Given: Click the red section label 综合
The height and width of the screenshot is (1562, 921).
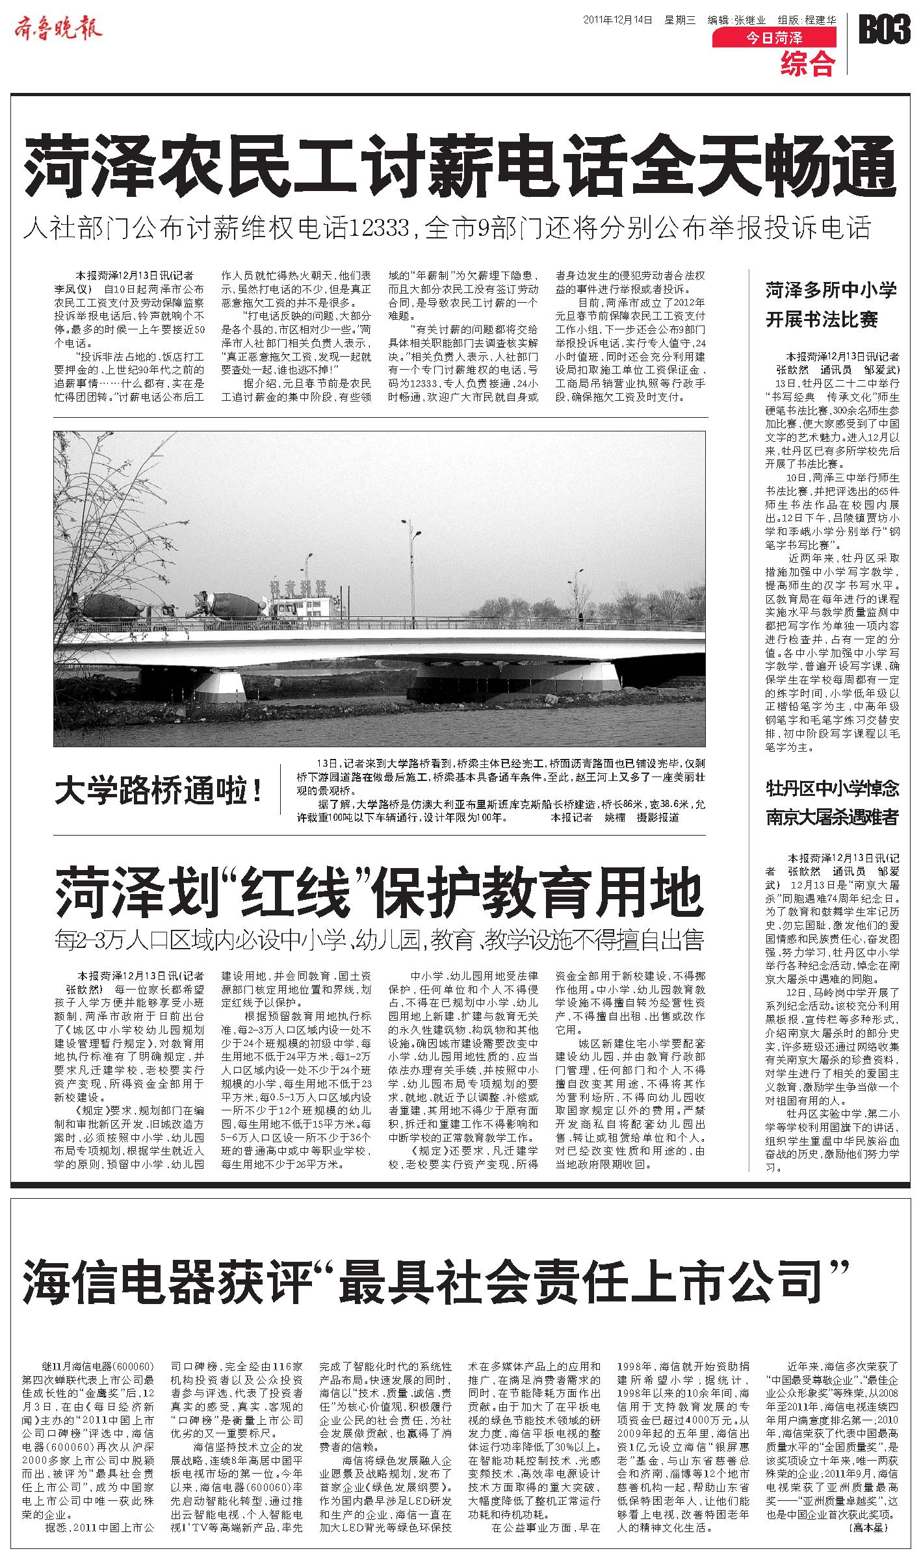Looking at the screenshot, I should (x=808, y=63).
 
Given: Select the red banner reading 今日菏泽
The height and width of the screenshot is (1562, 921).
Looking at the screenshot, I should (x=774, y=39).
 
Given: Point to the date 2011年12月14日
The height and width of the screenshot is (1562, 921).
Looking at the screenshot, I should (x=617, y=19).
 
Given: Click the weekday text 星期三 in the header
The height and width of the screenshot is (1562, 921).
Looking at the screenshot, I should (x=679, y=19).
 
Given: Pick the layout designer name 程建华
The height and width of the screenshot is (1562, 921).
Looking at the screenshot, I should (x=821, y=19).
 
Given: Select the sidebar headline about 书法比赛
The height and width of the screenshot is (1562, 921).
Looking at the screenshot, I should (x=831, y=304).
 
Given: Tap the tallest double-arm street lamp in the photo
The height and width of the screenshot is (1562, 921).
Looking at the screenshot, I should (x=411, y=559).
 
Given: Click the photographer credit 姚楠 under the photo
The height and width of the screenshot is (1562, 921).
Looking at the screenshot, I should (x=615, y=817).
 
